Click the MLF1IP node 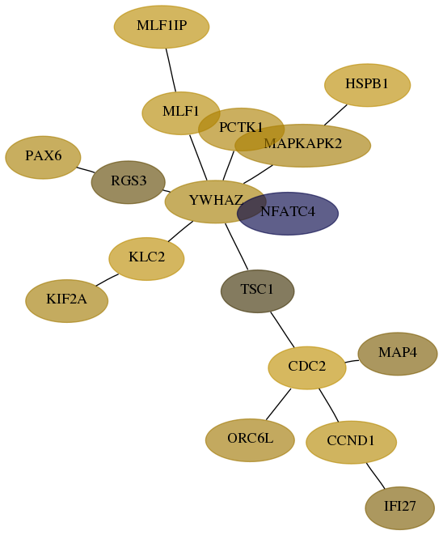point(162,27)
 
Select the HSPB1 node point(367,85)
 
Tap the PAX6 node point(43,157)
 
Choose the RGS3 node point(128,182)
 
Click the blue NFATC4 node point(288,213)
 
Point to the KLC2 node point(146,259)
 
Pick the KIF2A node point(67,301)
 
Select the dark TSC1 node point(257,291)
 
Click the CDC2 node point(307,367)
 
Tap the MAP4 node point(398,354)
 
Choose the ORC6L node point(250,440)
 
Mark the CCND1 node point(351,442)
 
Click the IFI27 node point(399,508)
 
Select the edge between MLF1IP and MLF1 point(171,70)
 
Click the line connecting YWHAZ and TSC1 point(237,246)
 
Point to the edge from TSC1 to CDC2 point(282,329)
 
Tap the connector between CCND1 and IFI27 point(375,476)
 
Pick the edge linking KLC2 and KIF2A point(107,280)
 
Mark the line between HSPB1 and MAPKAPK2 point(335,115)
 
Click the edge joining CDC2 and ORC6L point(278,404)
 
